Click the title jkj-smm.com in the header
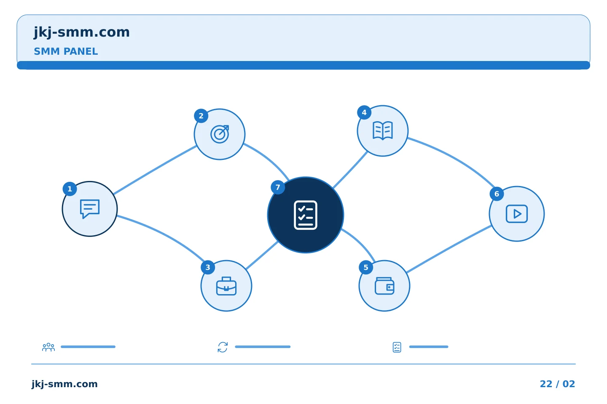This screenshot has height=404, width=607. pyautogui.click(x=82, y=32)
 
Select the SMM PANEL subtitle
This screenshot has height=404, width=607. pyautogui.click(x=66, y=51)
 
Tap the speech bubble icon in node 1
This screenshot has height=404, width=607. pyautogui.click(x=90, y=209)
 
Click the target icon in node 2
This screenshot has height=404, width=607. pyautogui.click(x=220, y=134)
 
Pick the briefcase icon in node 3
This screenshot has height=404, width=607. pyautogui.click(x=226, y=286)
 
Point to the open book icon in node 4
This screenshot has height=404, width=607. pyautogui.click(x=383, y=131)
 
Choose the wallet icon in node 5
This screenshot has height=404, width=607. pyautogui.click(x=384, y=286)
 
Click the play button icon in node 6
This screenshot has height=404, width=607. pyautogui.click(x=516, y=214)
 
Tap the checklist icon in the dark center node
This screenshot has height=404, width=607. pyautogui.click(x=305, y=215)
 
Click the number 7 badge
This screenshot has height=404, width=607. pyautogui.click(x=278, y=187)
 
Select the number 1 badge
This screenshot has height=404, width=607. pyautogui.click(x=70, y=189)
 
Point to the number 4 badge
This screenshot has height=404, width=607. pyautogui.click(x=364, y=112)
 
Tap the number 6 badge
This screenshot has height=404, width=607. pyautogui.click(x=497, y=194)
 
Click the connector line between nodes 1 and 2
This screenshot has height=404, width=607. pyautogui.click(x=155, y=170)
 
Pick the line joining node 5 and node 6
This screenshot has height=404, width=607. pyautogui.click(x=449, y=249)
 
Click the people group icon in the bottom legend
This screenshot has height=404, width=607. pyautogui.click(x=48, y=347)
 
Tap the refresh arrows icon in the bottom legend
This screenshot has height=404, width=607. pyautogui.click(x=223, y=347)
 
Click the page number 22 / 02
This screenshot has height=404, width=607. pyautogui.click(x=557, y=384)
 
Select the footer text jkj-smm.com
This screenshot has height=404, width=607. pyautogui.click(x=64, y=384)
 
